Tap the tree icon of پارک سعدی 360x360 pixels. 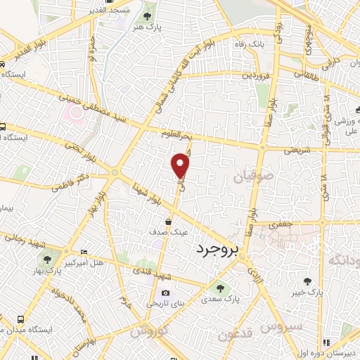point(221,288)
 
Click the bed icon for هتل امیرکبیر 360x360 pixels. point(84,252)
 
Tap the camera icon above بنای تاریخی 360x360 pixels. point(165,293)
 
